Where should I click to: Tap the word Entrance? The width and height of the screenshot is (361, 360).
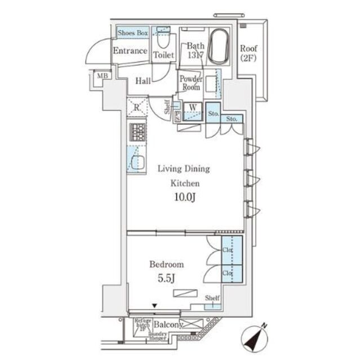tap(130, 51)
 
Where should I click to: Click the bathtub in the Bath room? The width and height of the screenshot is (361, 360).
tap(218, 46)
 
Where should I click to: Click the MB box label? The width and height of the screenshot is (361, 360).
tap(101, 76)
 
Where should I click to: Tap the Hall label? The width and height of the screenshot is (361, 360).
tap(142, 82)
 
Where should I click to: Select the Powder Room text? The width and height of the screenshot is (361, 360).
tap(190, 83)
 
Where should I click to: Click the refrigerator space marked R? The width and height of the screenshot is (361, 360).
tap(136, 107)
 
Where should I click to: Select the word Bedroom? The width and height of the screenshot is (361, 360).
tap(166, 263)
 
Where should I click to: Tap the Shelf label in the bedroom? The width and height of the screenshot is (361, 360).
tap(212, 298)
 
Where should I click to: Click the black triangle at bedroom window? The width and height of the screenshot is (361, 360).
tap(154, 306)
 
